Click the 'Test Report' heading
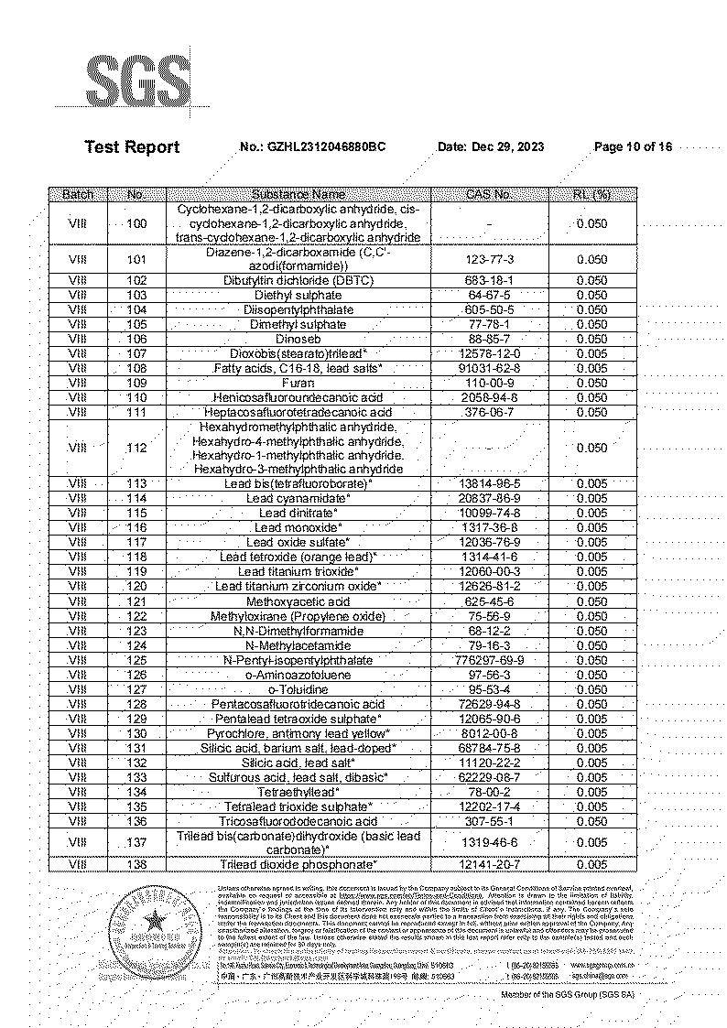coord(132,146)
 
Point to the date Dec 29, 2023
coord(504,146)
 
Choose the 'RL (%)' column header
coord(591,194)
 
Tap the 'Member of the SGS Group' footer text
coord(567,994)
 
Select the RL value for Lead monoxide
coord(591,527)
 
